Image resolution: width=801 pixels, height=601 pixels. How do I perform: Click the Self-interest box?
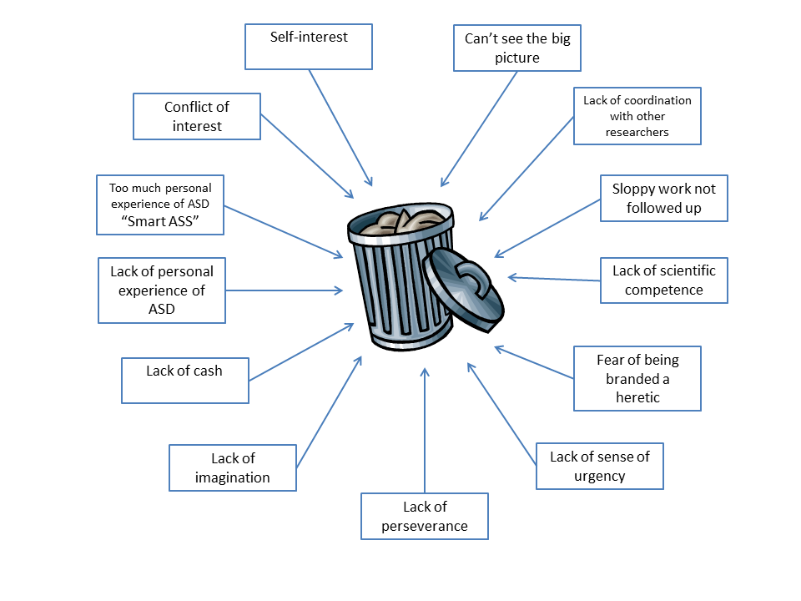(x=308, y=46)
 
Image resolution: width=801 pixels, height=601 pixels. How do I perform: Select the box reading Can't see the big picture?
(x=516, y=48)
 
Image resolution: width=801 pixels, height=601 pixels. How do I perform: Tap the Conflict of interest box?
(x=197, y=116)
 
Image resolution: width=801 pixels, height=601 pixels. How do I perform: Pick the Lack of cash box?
(x=184, y=380)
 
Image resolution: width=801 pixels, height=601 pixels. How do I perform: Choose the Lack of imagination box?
(x=233, y=467)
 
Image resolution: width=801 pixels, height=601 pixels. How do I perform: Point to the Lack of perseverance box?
(x=424, y=516)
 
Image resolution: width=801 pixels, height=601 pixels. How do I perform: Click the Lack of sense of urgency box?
(x=599, y=466)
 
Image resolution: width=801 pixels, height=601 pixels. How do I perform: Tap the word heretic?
(x=637, y=396)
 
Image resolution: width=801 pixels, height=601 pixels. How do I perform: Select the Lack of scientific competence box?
(x=663, y=280)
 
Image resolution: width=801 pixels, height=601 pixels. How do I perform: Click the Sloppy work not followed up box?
(x=663, y=198)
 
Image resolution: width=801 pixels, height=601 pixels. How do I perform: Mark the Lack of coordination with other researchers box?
(x=637, y=116)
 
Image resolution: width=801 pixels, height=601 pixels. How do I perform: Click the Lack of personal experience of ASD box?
(x=161, y=290)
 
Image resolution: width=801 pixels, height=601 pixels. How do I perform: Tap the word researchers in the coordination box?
(x=637, y=132)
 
